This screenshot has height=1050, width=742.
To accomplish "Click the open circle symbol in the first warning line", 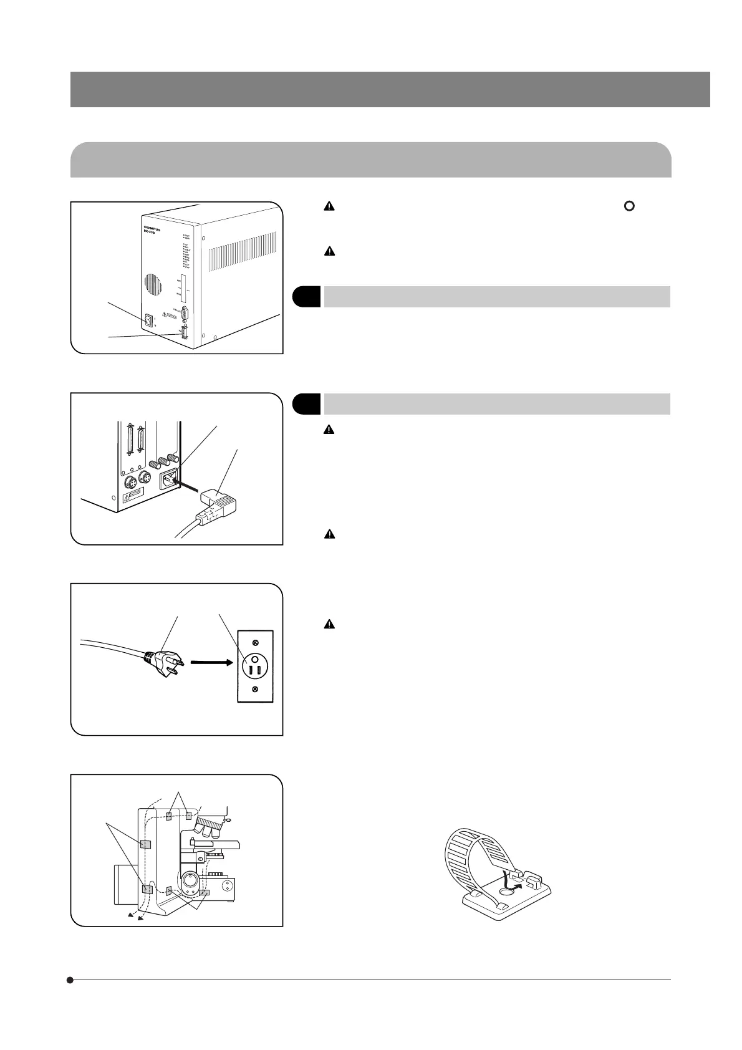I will tap(629, 206).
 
